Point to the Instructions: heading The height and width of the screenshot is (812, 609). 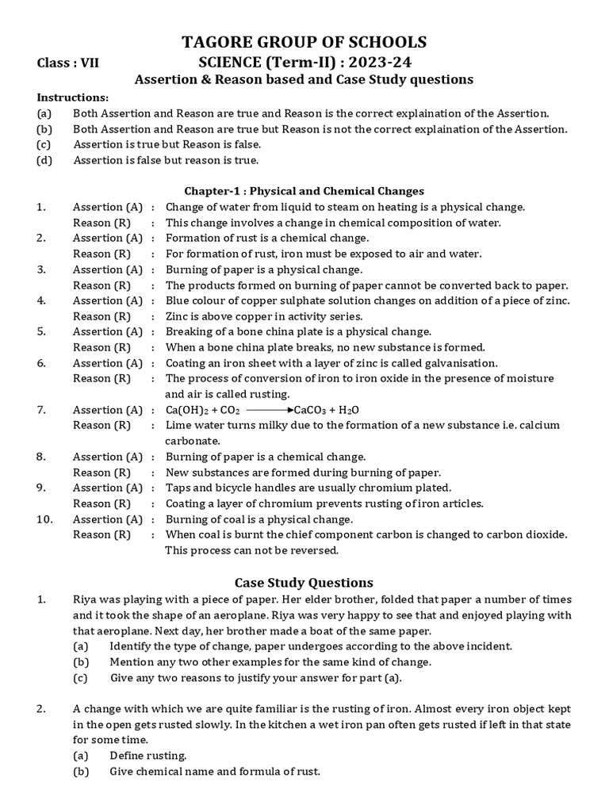[73, 97]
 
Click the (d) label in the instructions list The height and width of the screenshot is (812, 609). [44, 160]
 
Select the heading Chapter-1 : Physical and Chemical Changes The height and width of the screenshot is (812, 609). [304, 191]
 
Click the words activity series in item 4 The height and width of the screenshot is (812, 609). [305, 316]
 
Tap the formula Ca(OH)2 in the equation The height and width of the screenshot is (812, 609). [188, 410]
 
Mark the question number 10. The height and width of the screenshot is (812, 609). [44, 519]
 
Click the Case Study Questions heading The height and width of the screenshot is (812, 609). [304, 582]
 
